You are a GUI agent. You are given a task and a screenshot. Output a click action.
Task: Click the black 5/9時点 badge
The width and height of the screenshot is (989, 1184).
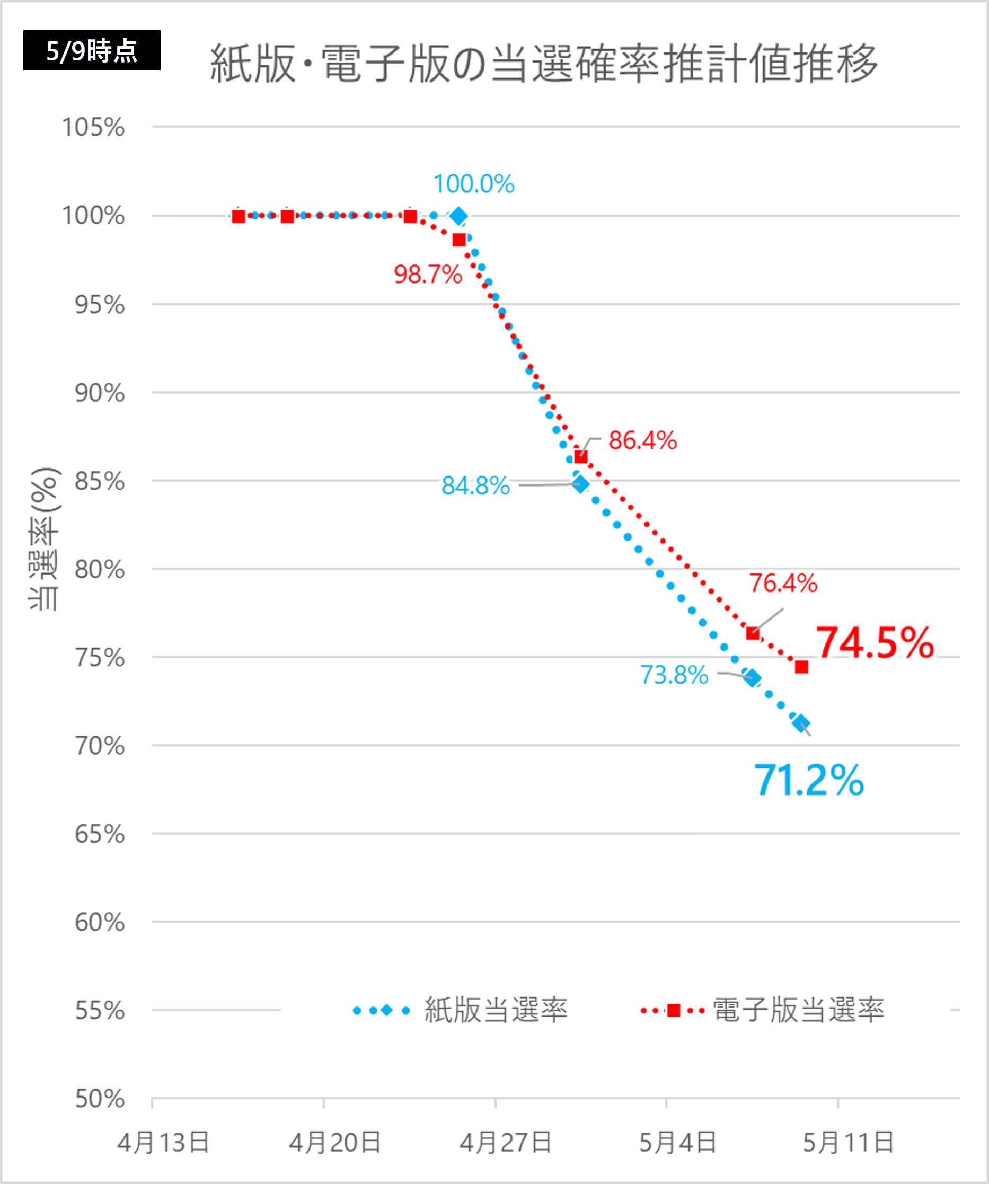pyautogui.click(x=91, y=51)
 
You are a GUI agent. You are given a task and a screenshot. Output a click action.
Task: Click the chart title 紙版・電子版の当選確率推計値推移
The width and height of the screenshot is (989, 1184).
pyautogui.click(x=544, y=63)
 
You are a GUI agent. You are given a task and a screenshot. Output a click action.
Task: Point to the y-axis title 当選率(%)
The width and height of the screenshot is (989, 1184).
pyautogui.click(x=44, y=539)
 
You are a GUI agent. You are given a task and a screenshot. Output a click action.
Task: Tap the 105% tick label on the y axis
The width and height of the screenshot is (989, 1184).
pyautogui.click(x=93, y=127)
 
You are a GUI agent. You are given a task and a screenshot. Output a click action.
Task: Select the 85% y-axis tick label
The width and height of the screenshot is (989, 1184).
pyautogui.click(x=99, y=481)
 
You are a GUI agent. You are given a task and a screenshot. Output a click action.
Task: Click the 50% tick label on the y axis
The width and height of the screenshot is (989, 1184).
pyautogui.click(x=99, y=1098)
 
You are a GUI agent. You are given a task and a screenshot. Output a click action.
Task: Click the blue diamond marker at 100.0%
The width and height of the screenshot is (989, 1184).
pyautogui.click(x=459, y=216)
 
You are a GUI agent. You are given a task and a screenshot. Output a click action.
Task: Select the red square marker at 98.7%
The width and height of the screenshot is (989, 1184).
pyautogui.click(x=459, y=240)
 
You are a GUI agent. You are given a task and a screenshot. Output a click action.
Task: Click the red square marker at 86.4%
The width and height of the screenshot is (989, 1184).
pyautogui.click(x=581, y=457)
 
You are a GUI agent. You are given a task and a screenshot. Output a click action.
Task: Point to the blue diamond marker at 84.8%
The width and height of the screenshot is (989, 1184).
pyautogui.click(x=581, y=484)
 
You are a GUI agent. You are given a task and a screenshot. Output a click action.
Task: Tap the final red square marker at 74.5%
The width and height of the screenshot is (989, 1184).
pyautogui.click(x=801, y=667)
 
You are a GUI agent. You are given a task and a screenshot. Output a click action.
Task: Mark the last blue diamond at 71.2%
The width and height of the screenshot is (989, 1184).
pyautogui.click(x=801, y=723)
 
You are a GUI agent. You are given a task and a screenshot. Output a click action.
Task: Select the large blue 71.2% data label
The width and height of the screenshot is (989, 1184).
pyautogui.click(x=809, y=781)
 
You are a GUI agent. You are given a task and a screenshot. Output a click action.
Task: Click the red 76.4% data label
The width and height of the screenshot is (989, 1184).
pyautogui.click(x=783, y=584)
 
